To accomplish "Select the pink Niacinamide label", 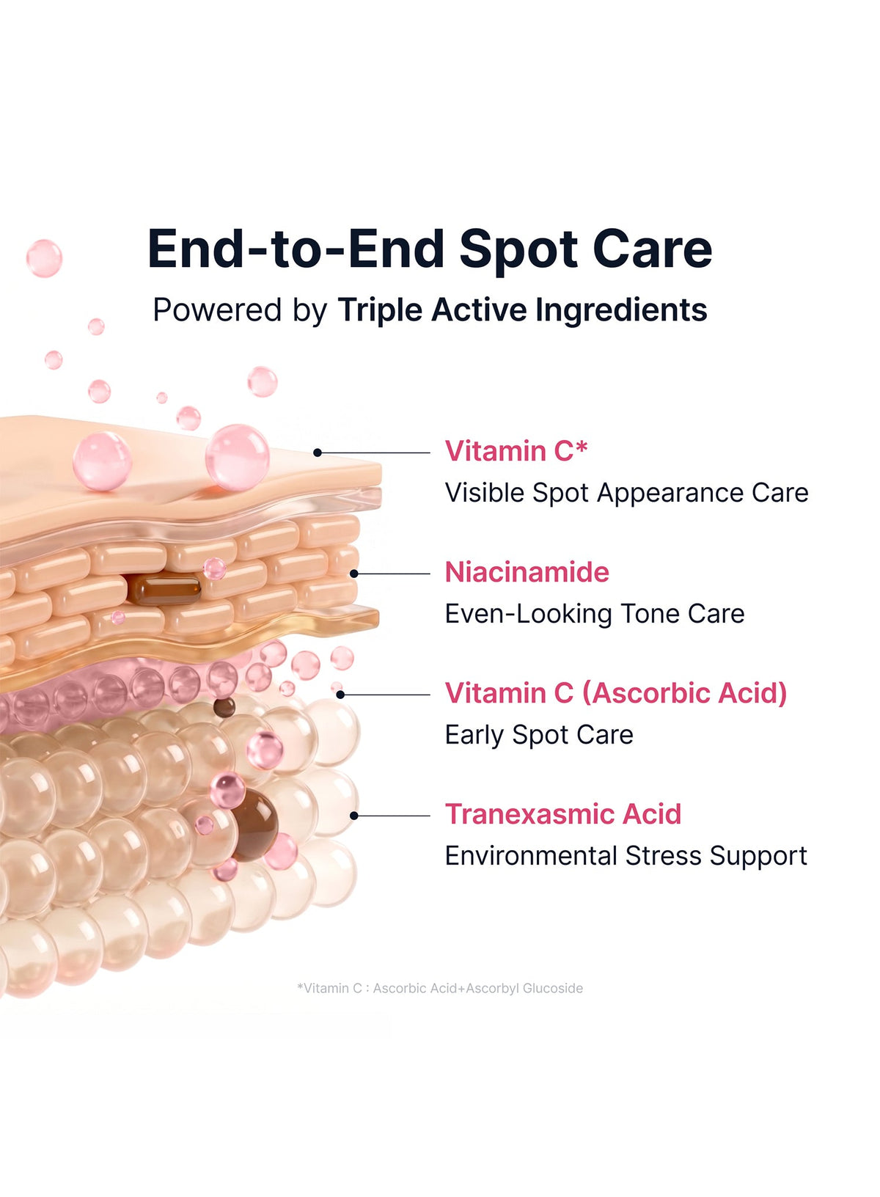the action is [x=527, y=572].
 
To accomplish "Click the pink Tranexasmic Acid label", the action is [x=563, y=814].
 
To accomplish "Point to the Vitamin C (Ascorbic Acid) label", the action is [x=616, y=693].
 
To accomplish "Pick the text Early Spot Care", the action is [x=539, y=736].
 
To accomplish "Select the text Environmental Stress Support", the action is [x=626, y=856].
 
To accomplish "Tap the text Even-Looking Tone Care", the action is [x=595, y=614].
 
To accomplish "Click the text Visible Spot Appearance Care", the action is [x=627, y=493].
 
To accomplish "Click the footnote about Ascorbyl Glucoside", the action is [x=440, y=989].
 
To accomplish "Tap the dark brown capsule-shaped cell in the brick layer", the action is [x=164, y=590].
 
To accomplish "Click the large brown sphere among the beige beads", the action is [x=255, y=825].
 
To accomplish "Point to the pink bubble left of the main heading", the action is [x=44, y=259].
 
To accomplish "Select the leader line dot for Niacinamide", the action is [x=353, y=574].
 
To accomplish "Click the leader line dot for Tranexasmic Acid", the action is [x=353, y=816].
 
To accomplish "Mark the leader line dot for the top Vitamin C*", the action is [x=318, y=453].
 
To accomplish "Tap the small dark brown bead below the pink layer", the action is [x=224, y=708].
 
